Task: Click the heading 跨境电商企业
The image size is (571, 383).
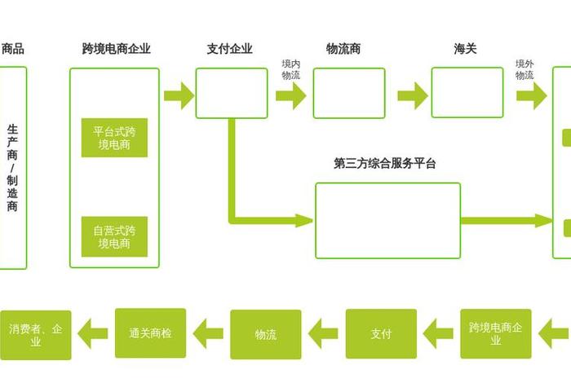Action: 117,49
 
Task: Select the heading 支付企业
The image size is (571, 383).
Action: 230,49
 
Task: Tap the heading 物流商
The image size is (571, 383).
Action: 343,49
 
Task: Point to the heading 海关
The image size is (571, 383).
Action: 466,49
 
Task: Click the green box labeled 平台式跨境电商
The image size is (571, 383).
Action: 115,139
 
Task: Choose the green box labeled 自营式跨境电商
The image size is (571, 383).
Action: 115,236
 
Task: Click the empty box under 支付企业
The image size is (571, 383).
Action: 232,93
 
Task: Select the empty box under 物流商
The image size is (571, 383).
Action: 349,93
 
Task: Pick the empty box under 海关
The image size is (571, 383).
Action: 467,93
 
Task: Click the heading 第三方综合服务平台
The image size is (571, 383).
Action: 385,163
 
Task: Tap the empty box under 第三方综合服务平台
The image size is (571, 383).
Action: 387,220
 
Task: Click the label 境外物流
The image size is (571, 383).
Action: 525,69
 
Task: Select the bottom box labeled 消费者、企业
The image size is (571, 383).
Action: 35,335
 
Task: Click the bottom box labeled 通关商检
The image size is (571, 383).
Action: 150,333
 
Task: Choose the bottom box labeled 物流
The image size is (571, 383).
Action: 266,334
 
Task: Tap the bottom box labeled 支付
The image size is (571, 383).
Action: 381,334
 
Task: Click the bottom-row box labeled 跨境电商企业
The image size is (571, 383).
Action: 496,334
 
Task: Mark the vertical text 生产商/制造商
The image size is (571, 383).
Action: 12,167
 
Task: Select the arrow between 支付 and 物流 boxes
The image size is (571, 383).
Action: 324,333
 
